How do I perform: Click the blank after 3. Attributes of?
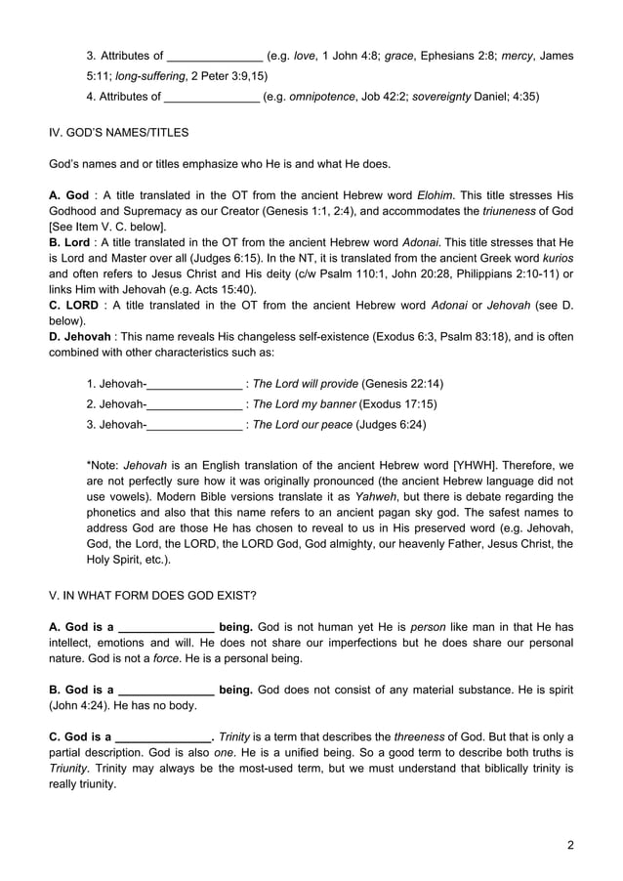215,56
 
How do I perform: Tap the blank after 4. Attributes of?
212,96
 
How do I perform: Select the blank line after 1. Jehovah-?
194,383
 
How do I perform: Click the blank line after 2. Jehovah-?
194,403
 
